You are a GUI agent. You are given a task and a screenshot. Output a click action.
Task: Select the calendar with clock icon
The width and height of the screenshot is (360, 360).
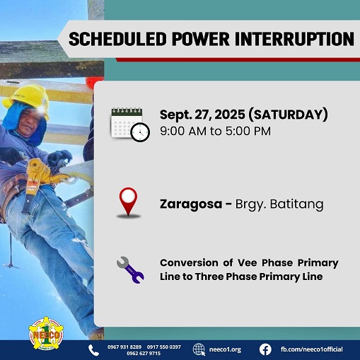[x=129, y=124]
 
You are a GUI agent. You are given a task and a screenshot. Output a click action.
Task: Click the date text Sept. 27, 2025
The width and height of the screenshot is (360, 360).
[x=197, y=114]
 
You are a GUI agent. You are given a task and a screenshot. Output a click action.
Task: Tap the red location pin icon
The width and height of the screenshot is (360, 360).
[x=128, y=202]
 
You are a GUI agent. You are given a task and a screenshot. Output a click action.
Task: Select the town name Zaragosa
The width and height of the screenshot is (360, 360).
[x=187, y=205]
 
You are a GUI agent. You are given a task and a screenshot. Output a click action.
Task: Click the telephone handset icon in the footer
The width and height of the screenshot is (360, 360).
[x=93, y=350]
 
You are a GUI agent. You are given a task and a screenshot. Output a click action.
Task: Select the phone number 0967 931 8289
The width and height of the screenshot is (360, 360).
[x=124, y=347]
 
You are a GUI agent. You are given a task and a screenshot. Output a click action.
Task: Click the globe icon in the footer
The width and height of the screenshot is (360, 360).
[x=199, y=349]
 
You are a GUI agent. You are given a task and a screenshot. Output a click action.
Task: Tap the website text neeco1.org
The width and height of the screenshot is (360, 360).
[x=226, y=349]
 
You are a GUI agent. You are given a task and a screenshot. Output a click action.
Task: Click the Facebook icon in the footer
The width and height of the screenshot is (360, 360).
[x=265, y=349]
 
